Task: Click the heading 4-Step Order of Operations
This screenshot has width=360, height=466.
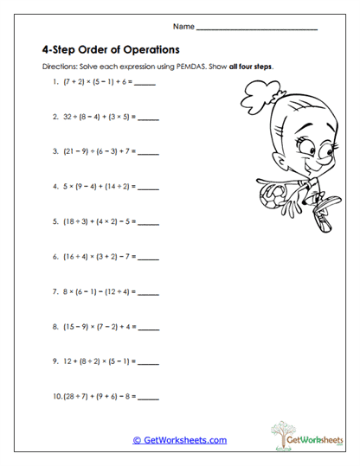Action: click(x=110, y=49)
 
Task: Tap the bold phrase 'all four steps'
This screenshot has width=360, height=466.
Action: click(x=251, y=67)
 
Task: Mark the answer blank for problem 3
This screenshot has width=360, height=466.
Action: click(x=148, y=150)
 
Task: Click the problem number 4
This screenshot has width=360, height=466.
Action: click(x=55, y=185)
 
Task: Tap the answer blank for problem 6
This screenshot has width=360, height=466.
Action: click(x=148, y=256)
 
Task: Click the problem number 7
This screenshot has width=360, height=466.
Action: click(x=55, y=291)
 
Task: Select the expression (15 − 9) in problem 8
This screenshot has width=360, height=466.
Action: click(x=77, y=327)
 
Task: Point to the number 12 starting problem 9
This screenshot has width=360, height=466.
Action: click(x=67, y=362)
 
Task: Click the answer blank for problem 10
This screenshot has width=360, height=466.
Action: click(x=148, y=398)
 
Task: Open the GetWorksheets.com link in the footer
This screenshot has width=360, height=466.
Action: click(x=180, y=440)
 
